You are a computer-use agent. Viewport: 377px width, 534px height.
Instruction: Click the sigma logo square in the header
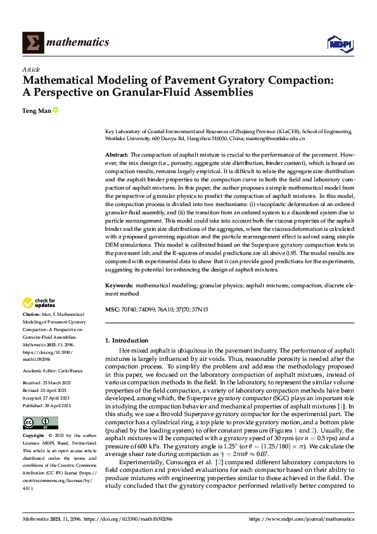(32, 42)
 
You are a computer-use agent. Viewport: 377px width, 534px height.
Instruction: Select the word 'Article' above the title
(30, 69)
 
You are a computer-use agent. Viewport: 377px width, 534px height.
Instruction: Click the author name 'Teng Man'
(37, 110)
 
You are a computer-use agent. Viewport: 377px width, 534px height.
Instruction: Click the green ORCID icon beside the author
(56, 110)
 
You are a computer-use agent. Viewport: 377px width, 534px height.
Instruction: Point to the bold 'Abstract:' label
(117, 155)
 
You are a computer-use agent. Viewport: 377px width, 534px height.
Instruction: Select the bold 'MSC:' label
(112, 309)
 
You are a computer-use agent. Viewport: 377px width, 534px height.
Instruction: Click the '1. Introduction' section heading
(127, 341)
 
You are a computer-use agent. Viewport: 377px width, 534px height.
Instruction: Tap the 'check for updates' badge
(39, 303)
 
